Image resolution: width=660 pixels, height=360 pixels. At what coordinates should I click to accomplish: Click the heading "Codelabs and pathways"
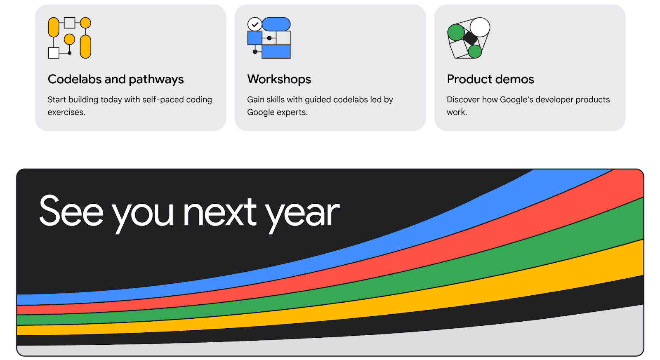click(x=116, y=80)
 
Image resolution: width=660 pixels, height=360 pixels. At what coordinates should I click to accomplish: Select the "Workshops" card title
click(x=279, y=80)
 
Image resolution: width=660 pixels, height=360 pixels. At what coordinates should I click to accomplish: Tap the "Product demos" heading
click(x=490, y=79)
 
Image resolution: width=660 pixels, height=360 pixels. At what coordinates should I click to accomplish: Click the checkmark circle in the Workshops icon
click(x=255, y=24)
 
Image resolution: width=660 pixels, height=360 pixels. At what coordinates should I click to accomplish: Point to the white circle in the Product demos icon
click(x=480, y=27)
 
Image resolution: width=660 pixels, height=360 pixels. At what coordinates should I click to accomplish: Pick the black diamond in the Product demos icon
click(x=471, y=38)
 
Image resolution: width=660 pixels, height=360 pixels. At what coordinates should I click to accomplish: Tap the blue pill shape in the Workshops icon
click(x=276, y=24)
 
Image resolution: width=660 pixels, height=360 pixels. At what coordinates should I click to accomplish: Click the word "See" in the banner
click(x=71, y=212)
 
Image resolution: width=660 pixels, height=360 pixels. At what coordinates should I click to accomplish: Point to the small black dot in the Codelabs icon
click(x=70, y=53)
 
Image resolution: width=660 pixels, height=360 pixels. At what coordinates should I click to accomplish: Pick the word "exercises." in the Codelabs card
click(x=66, y=112)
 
